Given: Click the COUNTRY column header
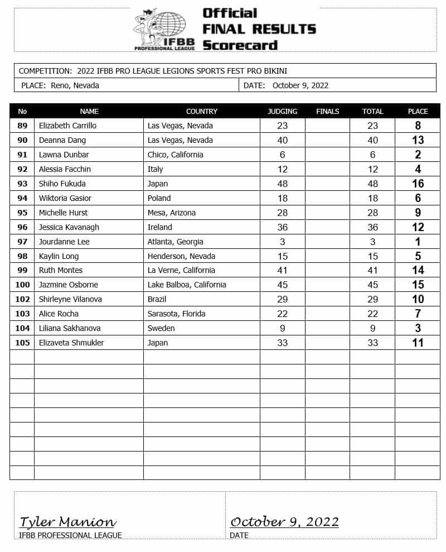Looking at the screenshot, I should coord(201,111).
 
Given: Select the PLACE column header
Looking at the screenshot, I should coord(418,111).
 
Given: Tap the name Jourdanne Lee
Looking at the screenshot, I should coord(64,242).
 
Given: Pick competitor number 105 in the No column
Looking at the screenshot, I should coord(22,343).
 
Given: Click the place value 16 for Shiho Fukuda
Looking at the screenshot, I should coord(418,184).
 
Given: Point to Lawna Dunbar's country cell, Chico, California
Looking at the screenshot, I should coord(175,155).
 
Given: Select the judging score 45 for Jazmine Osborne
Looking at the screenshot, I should coord(282,285).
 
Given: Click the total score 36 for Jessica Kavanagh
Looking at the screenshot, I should coord(372,227).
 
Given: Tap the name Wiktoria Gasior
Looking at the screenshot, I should coord(65,198).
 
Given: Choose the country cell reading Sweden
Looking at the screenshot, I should coord(161,328).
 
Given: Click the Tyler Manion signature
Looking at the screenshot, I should coord(67,522).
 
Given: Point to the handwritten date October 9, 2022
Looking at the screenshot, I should coord(284,522).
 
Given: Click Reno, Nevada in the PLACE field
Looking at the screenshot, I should coord(75,85).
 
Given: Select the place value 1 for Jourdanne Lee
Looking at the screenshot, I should coord(418,242).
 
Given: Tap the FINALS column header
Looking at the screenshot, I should coord(327,111).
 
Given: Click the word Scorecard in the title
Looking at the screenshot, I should coord(240,45).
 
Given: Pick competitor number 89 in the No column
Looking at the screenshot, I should coord(22,126).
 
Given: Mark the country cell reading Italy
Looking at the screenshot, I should coord(156,169).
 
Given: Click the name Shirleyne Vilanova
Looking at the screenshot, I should coord(70,299).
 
